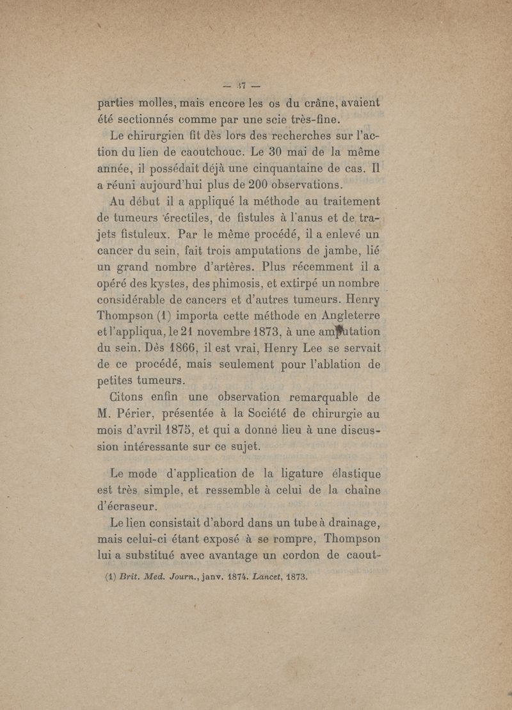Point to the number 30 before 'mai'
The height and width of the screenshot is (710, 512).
(288, 152)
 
